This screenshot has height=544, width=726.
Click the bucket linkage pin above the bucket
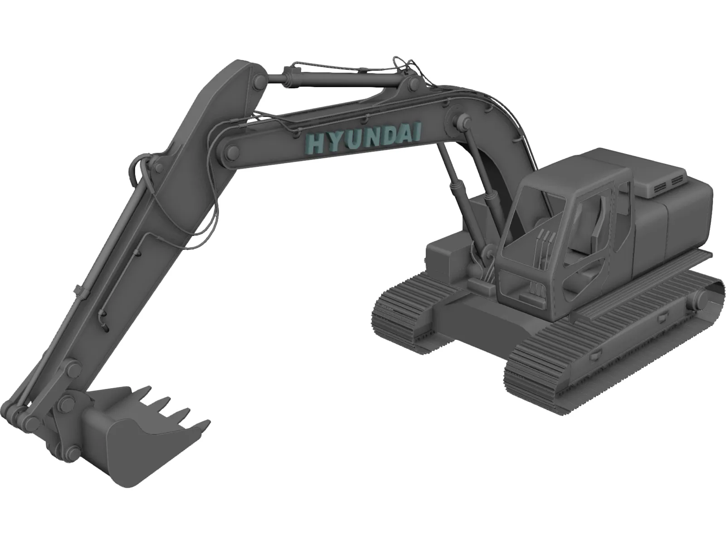tap(68, 401)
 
